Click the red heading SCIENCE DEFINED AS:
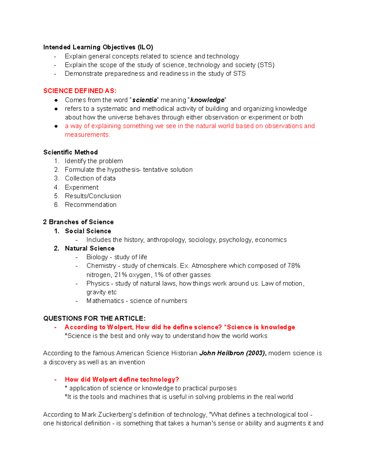coord(80,91)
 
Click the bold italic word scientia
coord(144,100)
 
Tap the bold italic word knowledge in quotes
coord(207,100)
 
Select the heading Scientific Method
coord(71,152)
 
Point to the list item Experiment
coord(82,187)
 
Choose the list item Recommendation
coord(90,204)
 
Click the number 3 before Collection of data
coord(56,178)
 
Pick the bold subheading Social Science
coord(88,231)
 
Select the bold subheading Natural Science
coord(90,248)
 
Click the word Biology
coord(97,257)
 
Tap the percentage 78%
coord(294,266)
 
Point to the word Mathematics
coord(105,301)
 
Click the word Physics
coord(98,284)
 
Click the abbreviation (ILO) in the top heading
coord(145,47)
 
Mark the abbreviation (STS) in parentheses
coord(266,65)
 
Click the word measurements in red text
coord(87,135)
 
